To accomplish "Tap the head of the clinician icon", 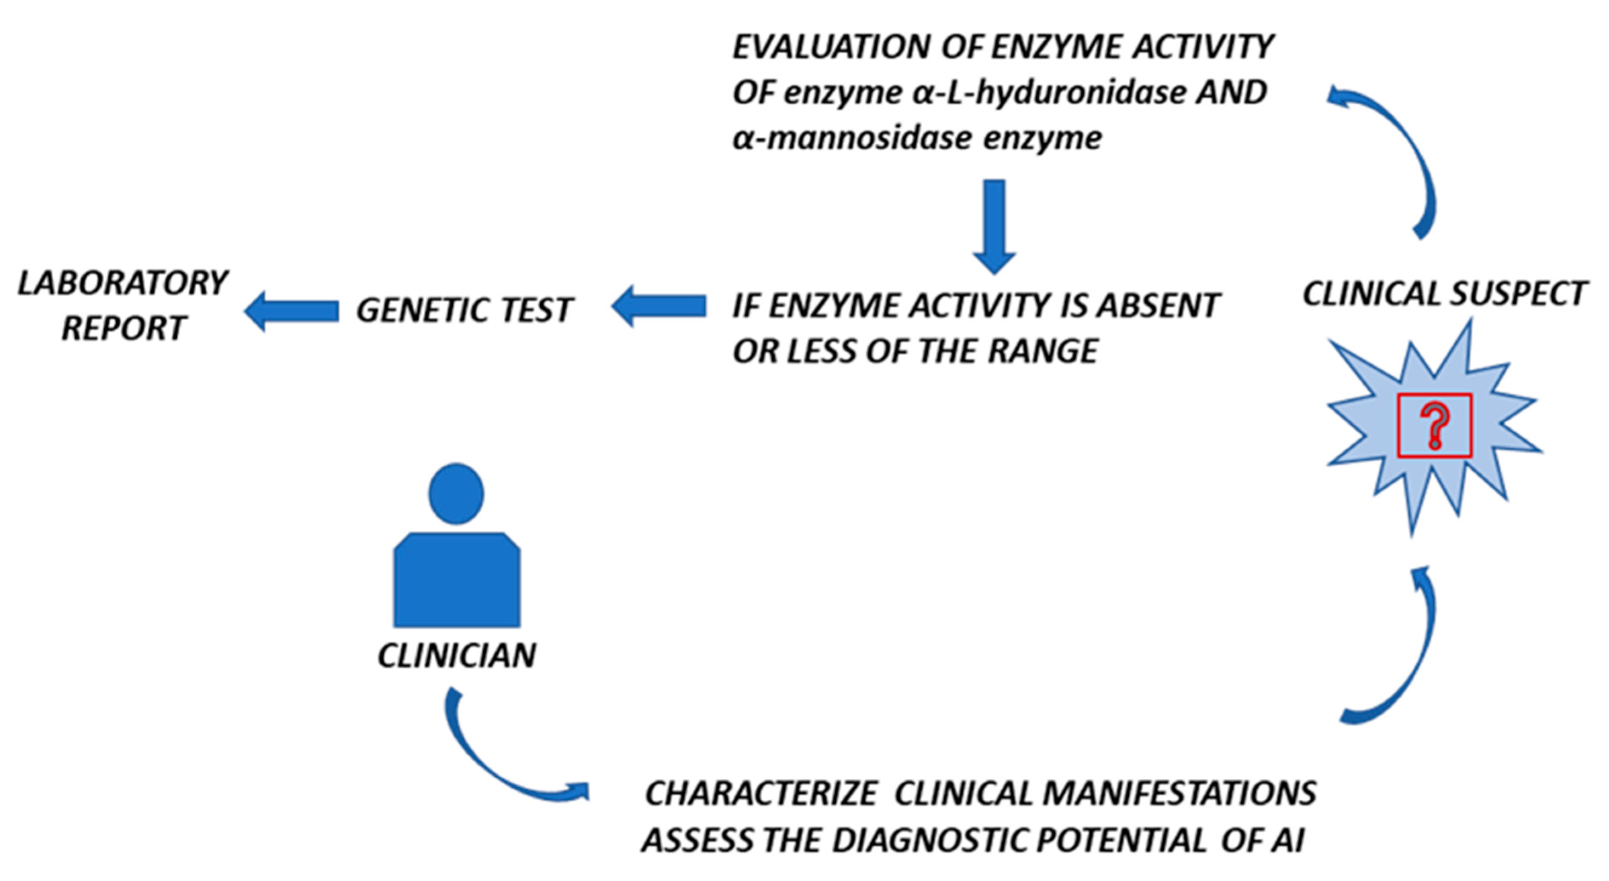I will (456, 493).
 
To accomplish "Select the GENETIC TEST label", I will (464, 310).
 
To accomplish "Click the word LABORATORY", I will (123, 283).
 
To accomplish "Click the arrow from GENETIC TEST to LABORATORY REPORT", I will (291, 310).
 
